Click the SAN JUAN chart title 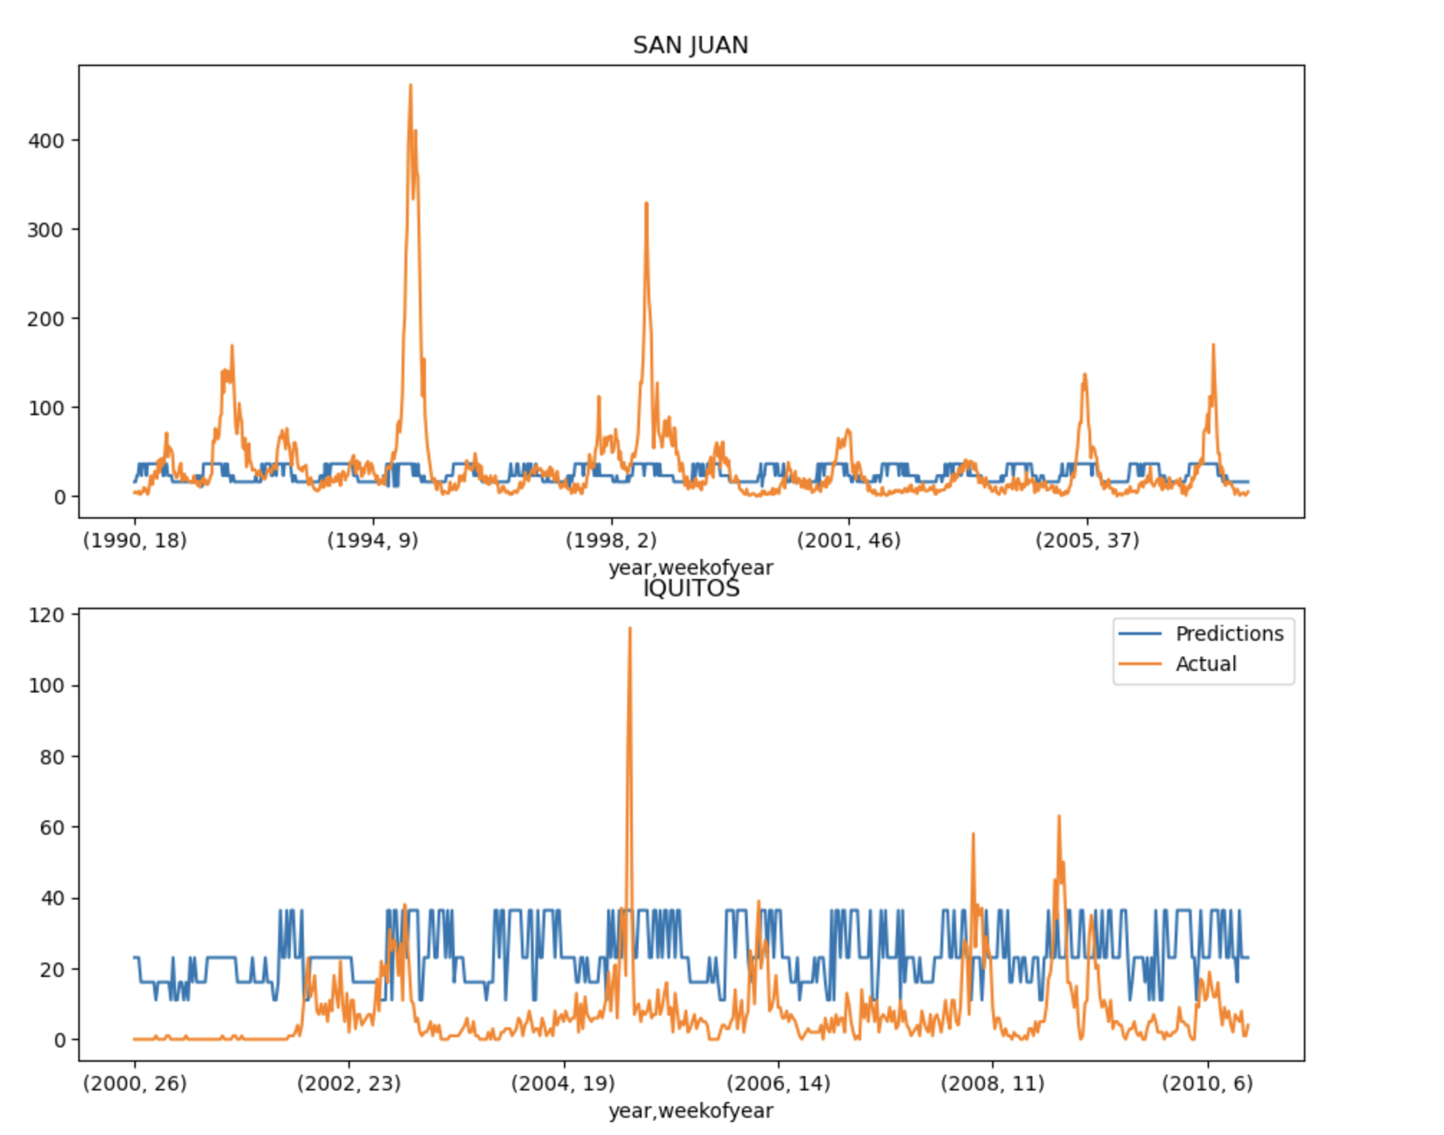[x=690, y=45]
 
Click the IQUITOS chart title [x=690, y=589]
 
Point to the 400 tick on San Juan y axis [x=46, y=141]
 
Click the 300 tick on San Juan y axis [x=46, y=230]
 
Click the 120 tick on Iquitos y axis [x=46, y=615]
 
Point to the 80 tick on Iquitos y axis [x=52, y=756]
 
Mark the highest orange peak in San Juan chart [x=410, y=85]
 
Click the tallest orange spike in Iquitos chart [x=630, y=629]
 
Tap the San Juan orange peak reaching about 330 [x=647, y=204]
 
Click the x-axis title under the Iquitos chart [x=690, y=1111]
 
